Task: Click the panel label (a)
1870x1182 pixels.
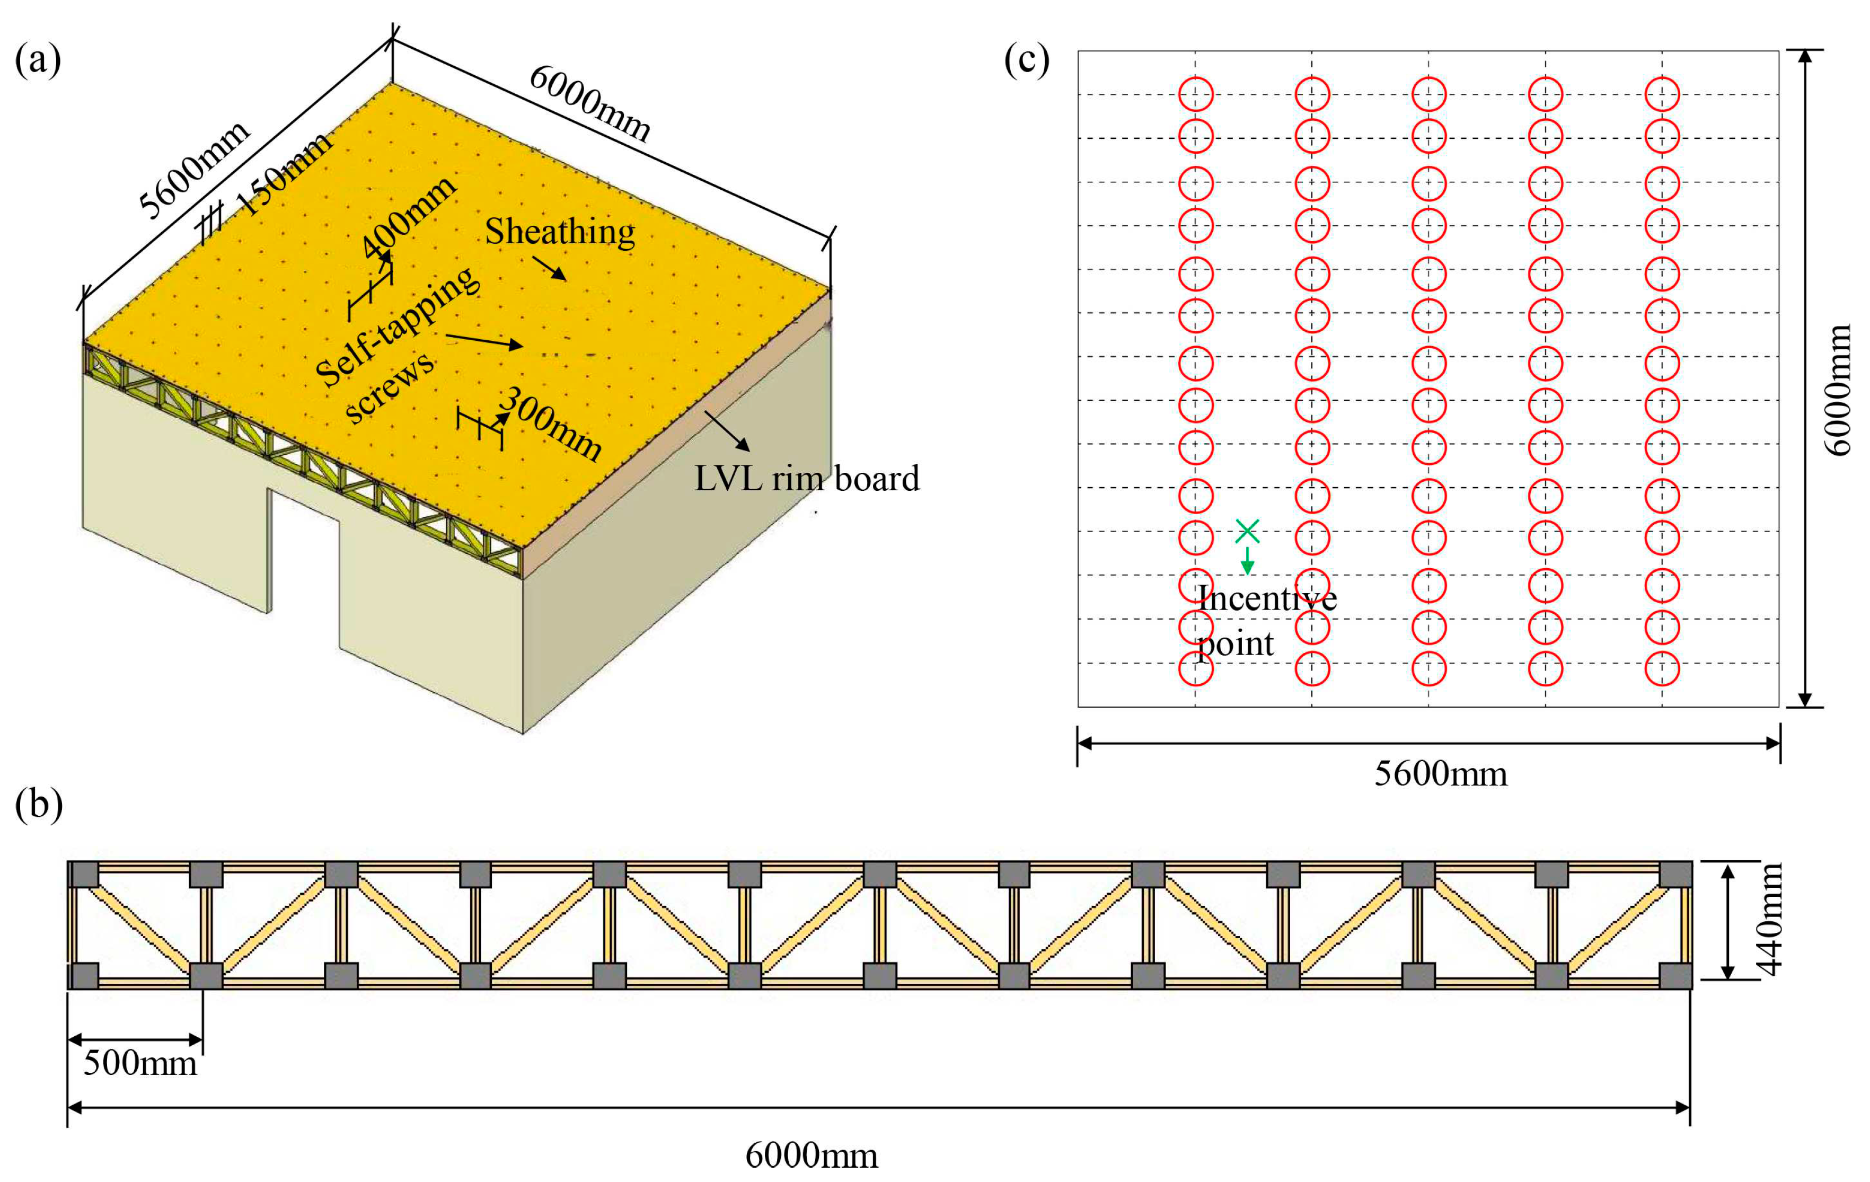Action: pyautogui.click(x=37, y=60)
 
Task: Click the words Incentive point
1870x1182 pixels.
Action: pyautogui.click(x=1266, y=620)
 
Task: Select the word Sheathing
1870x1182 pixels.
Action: pyautogui.click(x=559, y=232)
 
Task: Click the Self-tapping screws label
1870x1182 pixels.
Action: pyautogui.click(x=396, y=346)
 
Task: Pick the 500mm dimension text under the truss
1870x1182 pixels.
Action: pyautogui.click(x=140, y=1062)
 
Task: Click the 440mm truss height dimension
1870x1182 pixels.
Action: pyautogui.click(x=1770, y=920)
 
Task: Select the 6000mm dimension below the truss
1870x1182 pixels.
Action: pyautogui.click(x=811, y=1155)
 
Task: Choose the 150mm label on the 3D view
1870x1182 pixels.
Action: pyautogui.click(x=284, y=172)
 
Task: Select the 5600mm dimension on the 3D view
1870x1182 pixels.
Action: pyautogui.click(x=193, y=169)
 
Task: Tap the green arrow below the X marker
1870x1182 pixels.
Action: pyautogui.click(x=1247, y=561)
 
